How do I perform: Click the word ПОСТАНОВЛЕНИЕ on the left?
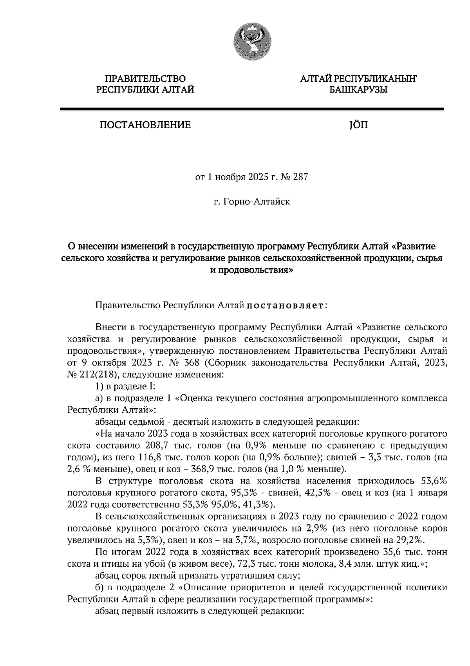coord(145,125)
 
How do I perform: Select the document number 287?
coord(300,177)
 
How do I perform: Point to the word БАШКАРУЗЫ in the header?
coord(358,90)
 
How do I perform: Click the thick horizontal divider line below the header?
coord(251,110)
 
